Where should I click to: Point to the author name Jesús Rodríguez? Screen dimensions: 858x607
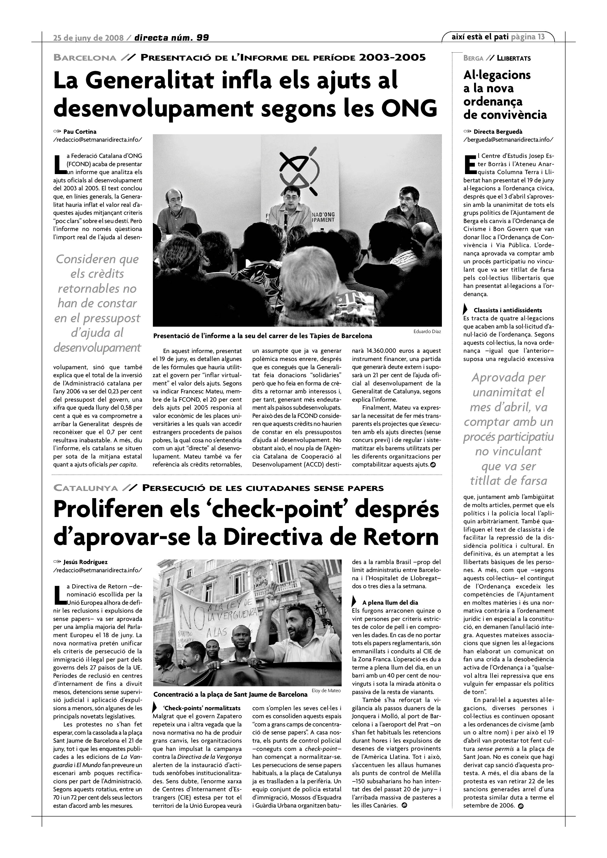pyautogui.click(x=86, y=562)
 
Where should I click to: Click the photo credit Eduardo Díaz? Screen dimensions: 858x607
pyautogui.click(x=427, y=331)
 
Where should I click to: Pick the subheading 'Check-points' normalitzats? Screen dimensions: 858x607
pyautogui.click(x=202, y=708)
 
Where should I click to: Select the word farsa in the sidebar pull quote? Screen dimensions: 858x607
pyautogui.click(x=530, y=481)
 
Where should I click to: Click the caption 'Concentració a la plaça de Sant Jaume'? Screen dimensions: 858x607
pyautogui.click(x=230, y=695)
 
